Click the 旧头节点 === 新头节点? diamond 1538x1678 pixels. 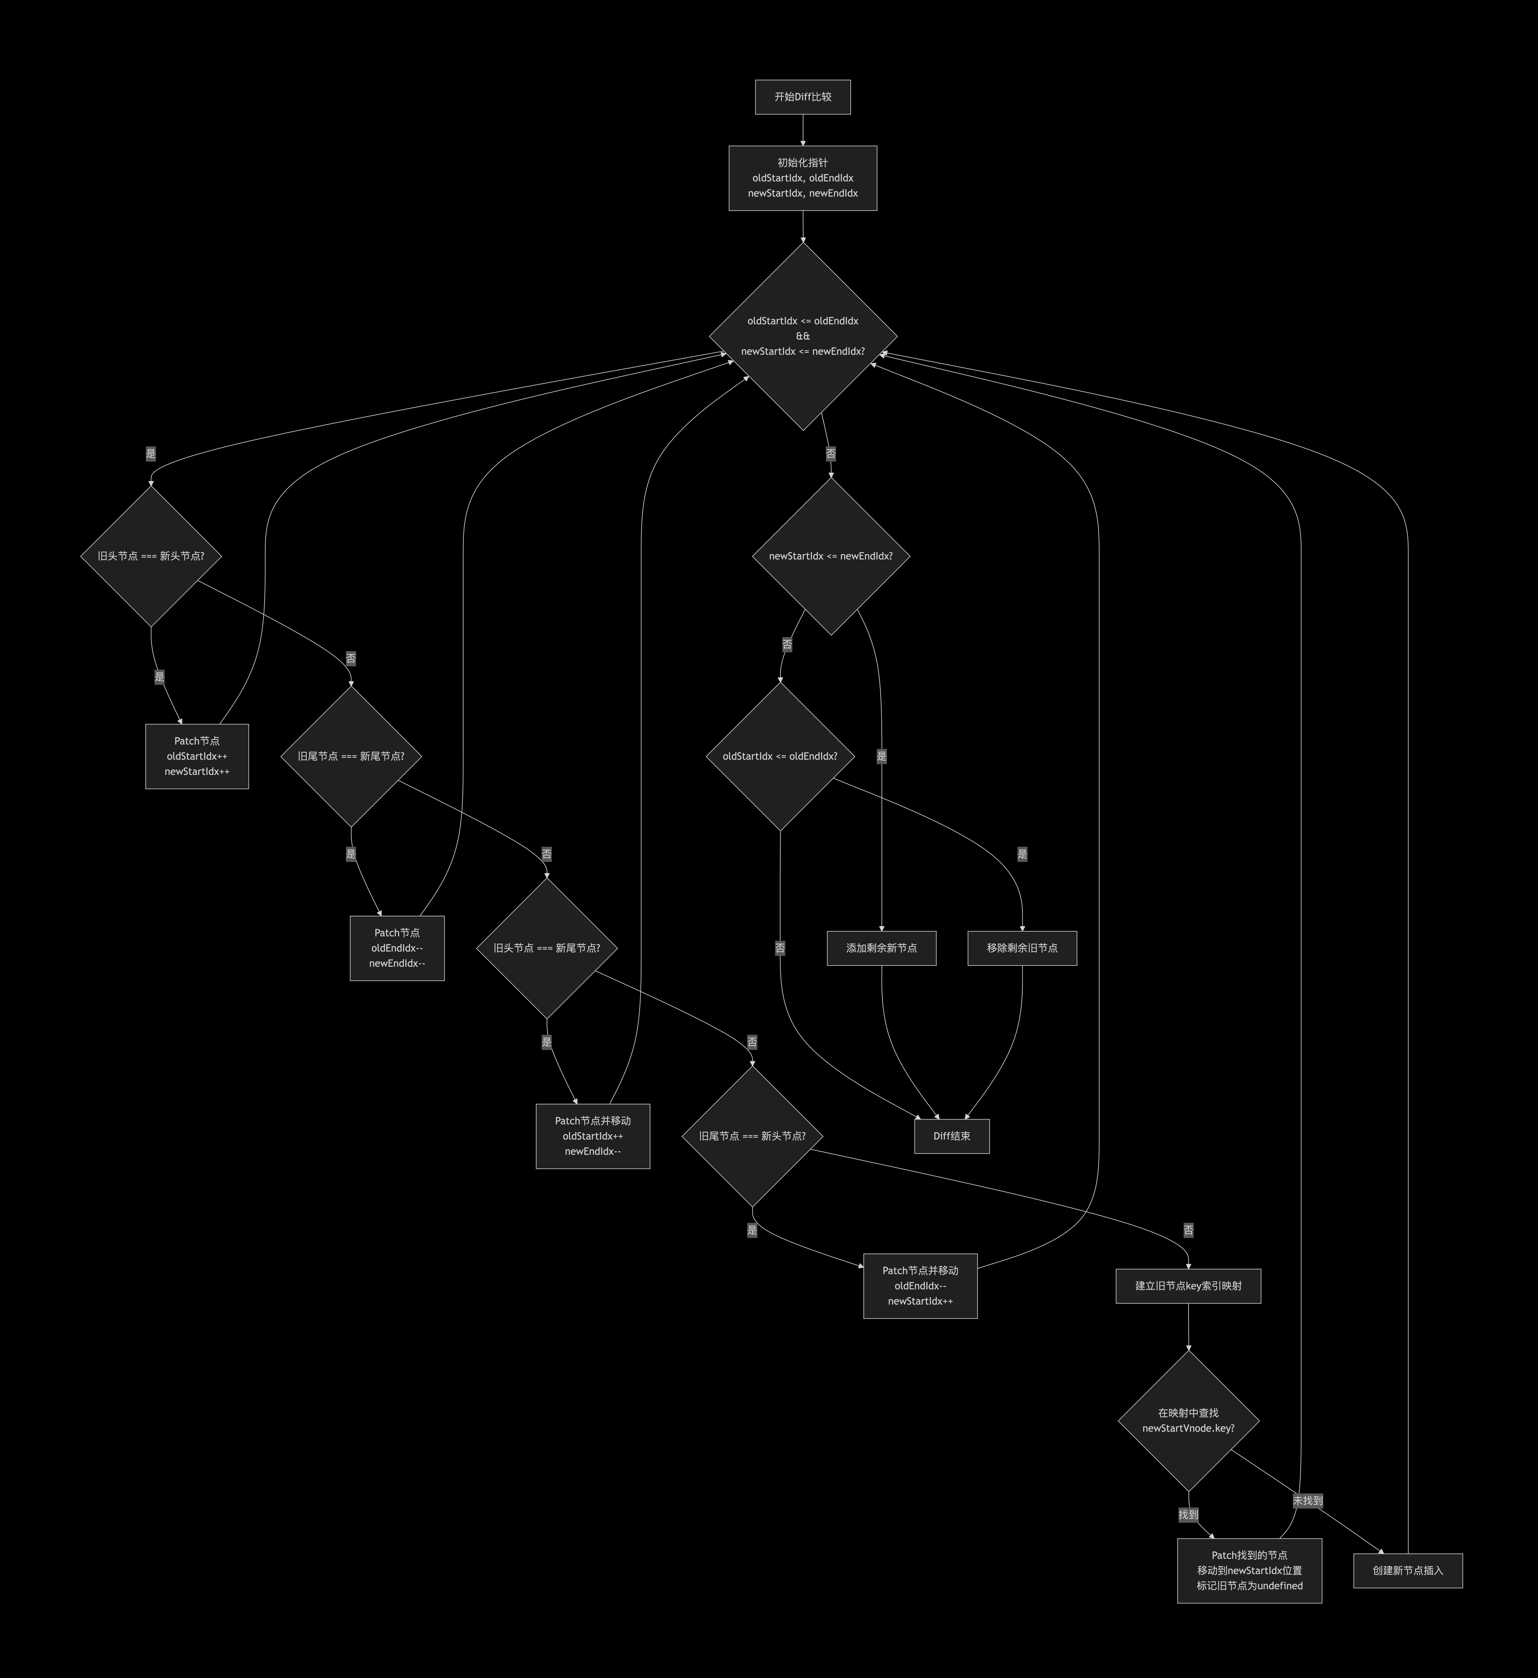(151, 556)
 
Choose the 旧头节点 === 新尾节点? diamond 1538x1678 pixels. (546, 948)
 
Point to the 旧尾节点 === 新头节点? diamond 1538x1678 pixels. (752, 1136)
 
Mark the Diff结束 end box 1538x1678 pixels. (952, 1136)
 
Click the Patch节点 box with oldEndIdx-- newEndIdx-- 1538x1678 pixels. (397, 948)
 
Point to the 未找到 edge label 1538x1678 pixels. (1307, 1501)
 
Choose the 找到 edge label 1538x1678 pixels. (1188, 1515)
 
